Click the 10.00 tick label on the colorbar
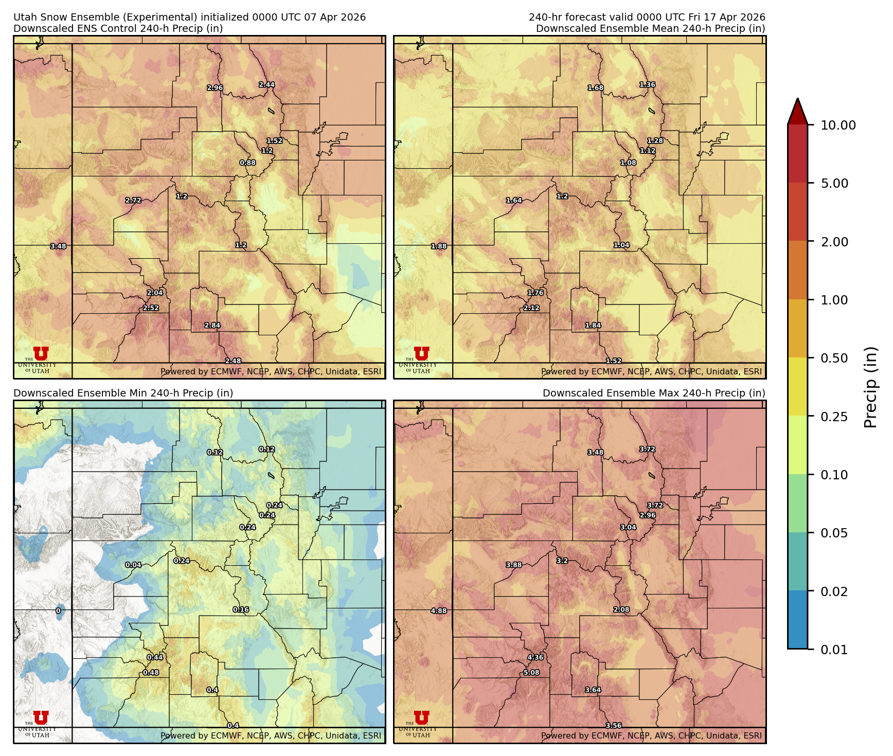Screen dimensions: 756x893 838,125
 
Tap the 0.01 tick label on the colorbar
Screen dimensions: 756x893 834,650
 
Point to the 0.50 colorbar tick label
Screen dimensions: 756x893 834,358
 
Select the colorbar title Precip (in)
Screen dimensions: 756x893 870,387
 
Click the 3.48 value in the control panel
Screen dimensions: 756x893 58,246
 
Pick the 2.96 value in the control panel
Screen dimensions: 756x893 215,88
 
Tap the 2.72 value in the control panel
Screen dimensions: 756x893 133,201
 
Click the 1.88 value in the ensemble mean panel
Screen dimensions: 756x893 439,246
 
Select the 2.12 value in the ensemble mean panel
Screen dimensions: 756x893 531,308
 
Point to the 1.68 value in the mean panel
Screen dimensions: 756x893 596,88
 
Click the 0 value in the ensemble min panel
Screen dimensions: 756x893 58,611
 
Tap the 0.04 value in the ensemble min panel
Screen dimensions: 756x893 133,565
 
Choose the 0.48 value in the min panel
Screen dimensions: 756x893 151,673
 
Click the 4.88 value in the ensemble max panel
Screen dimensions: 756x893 439,611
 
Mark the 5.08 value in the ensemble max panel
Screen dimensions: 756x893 531,673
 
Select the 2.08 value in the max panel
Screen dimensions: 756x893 621,610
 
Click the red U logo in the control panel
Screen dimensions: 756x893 41,353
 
